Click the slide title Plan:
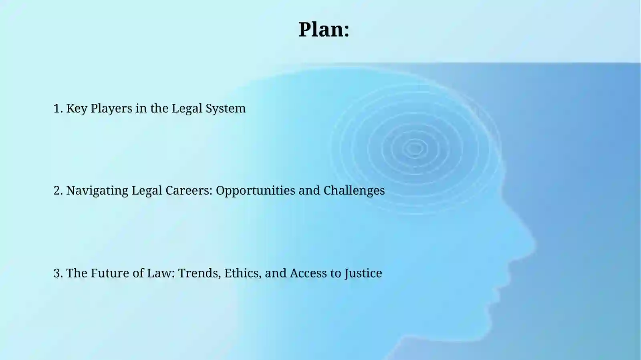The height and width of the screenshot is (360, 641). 324,30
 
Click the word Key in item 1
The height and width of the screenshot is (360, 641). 77,109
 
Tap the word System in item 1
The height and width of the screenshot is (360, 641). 226,109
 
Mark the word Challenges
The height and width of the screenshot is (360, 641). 354,191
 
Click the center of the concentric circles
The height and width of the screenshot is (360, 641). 415,149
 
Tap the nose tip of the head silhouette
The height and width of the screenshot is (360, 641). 534,243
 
